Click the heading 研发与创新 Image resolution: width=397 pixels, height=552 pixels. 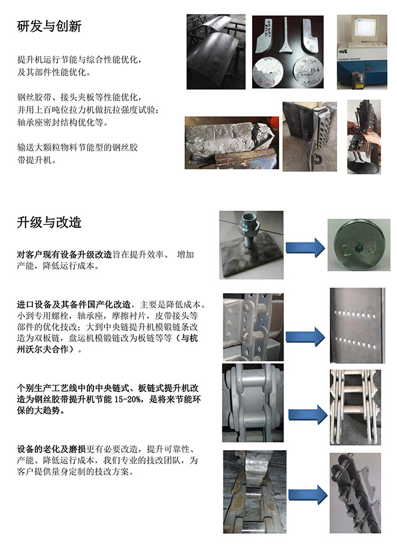point(49,26)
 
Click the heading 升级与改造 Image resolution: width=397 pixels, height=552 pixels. point(49,222)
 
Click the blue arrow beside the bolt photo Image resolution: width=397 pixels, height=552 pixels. point(305,247)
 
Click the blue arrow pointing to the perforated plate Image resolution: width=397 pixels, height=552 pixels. point(305,337)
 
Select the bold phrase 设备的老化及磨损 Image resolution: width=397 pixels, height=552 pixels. point(51,449)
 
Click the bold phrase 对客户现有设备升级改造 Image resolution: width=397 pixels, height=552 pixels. point(64,255)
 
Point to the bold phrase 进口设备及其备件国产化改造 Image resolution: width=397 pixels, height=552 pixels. point(74,305)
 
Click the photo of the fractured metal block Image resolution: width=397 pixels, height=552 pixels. point(232,142)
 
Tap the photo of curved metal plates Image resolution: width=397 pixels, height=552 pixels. point(216,52)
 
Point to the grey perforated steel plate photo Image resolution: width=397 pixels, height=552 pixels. point(357,325)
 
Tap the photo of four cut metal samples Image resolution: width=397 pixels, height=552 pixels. point(288,52)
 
